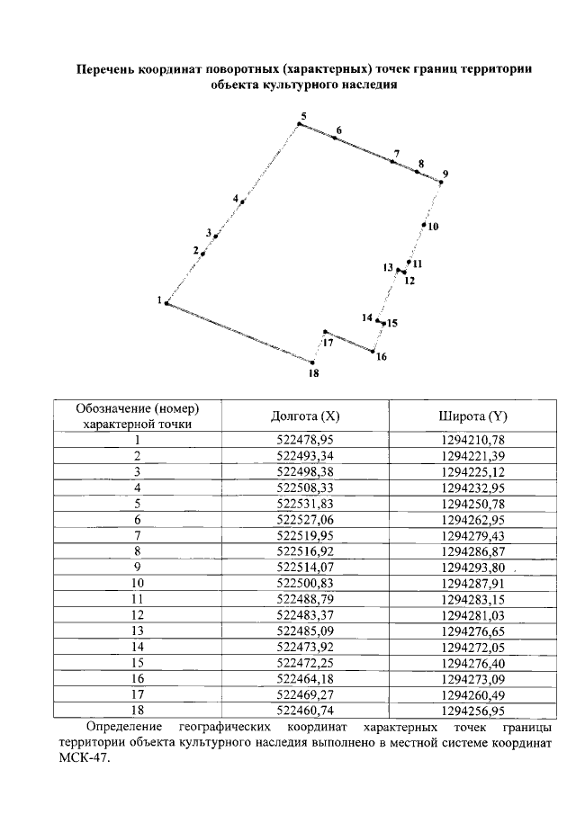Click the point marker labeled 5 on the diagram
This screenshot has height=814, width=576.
tap(299, 124)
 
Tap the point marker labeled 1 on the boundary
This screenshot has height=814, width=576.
tap(166, 304)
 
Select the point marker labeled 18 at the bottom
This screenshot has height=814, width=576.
tap(312, 362)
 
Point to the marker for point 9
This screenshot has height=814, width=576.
tap(440, 182)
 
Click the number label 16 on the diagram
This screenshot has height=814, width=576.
tap(382, 357)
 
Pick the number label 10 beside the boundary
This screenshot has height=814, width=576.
tap(433, 227)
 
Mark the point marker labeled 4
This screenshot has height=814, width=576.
tap(242, 202)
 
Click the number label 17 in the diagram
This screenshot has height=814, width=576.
tap(328, 343)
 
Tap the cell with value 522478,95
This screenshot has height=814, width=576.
tap(305, 440)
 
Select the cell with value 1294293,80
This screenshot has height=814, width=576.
tap(473, 568)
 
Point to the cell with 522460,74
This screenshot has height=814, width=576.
tap(305, 711)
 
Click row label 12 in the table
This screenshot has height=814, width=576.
tap(137, 615)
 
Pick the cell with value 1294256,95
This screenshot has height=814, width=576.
tap(474, 711)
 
